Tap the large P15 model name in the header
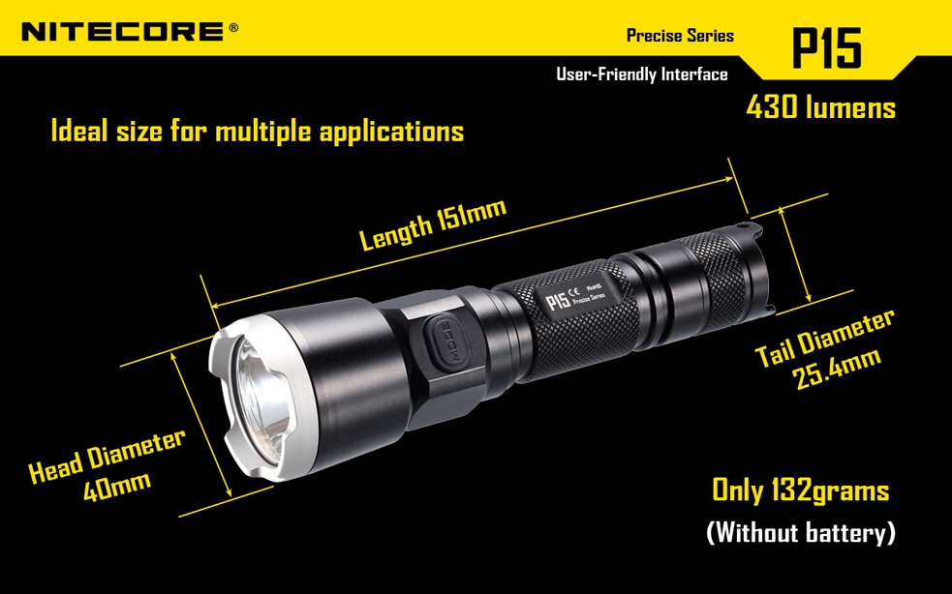[x=826, y=47]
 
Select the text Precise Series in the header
[x=680, y=35]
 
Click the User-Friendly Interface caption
[x=642, y=74]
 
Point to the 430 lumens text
[x=821, y=107]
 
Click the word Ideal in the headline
[x=78, y=131]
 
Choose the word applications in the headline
[x=391, y=133]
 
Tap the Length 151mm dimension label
[x=433, y=223]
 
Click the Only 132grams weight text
[x=800, y=490]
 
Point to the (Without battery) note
[x=801, y=532]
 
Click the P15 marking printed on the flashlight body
[x=558, y=300]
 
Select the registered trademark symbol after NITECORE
[x=233, y=27]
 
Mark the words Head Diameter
[x=107, y=455]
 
